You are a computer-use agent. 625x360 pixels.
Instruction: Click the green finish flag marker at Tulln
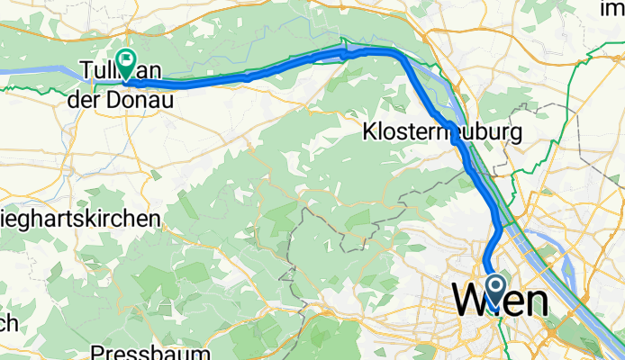[x=124, y=65]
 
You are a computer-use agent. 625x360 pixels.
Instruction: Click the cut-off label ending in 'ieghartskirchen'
[x=80, y=219]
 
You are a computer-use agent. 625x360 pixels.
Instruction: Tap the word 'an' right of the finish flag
[x=149, y=71]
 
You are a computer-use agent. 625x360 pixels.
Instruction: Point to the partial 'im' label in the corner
[x=613, y=9]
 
